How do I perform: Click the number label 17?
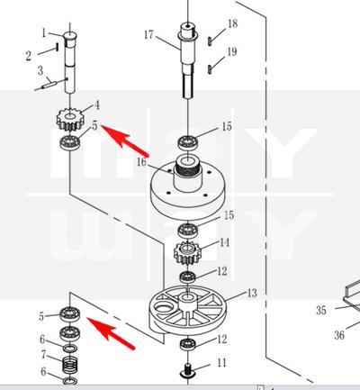click(148, 35)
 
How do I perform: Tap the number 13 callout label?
click(252, 293)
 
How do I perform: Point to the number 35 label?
click(321, 310)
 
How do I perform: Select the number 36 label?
click(339, 335)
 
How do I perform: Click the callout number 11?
click(221, 363)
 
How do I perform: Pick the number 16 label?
click(141, 162)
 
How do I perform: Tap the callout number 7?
click(44, 355)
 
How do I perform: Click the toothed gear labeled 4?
click(69, 120)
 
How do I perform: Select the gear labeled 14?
click(187, 252)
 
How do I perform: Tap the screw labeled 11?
click(187, 371)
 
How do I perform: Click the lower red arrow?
click(111, 333)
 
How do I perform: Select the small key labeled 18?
click(211, 41)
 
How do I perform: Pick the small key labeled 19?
click(210, 69)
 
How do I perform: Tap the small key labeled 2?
click(57, 47)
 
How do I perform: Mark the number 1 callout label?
click(44, 32)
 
